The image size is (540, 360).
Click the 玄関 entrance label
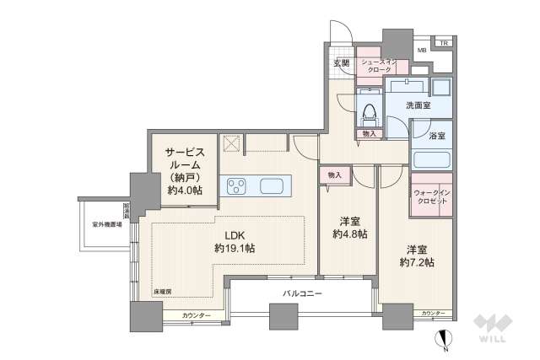[341, 63]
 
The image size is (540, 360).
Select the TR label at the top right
[444, 42]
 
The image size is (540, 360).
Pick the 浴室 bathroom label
[437, 136]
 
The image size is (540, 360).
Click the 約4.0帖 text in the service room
[184, 191]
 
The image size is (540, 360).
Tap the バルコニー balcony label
[302, 292]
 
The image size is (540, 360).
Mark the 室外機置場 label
[107, 224]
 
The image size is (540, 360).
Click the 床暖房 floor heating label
[162, 292]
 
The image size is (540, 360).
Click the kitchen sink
[273, 185]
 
